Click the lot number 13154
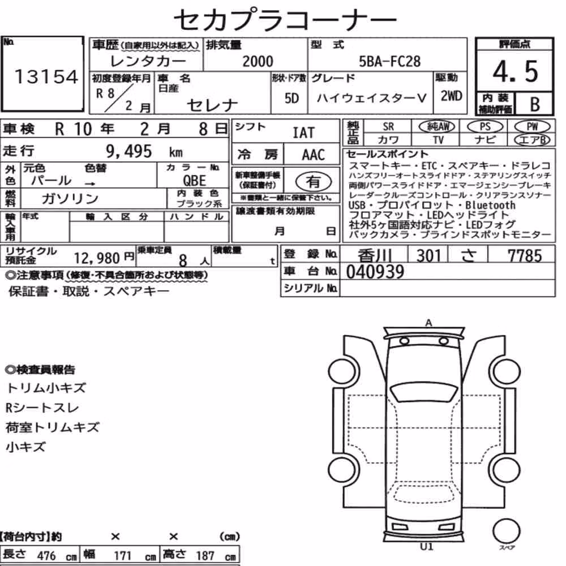coord(46,76)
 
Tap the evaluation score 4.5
coord(515,71)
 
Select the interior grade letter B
coord(535,104)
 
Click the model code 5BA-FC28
coord(389,61)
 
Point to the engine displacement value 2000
coord(258,61)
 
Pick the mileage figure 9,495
coord(129,151)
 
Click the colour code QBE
coord(195,181)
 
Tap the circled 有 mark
coord(314,182)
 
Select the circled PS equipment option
coord(485,127)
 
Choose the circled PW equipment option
coord(532,127)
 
